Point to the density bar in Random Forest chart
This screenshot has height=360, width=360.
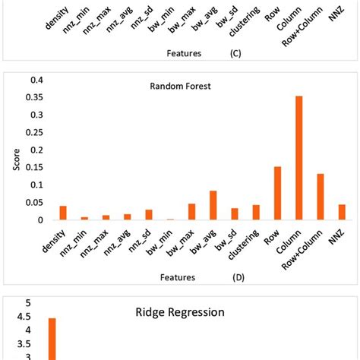pyautogui.click(x=43, y=213)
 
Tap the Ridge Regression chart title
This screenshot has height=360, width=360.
pyautogui.click(x=179, y=311)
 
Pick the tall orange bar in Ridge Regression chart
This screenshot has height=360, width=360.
pyautogui.click(x=52, y=339)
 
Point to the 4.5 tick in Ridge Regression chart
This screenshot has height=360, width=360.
pyautogui.click(x=27, y=316)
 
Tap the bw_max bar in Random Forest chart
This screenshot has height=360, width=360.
pyautogui.click(x=192, y=212)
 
